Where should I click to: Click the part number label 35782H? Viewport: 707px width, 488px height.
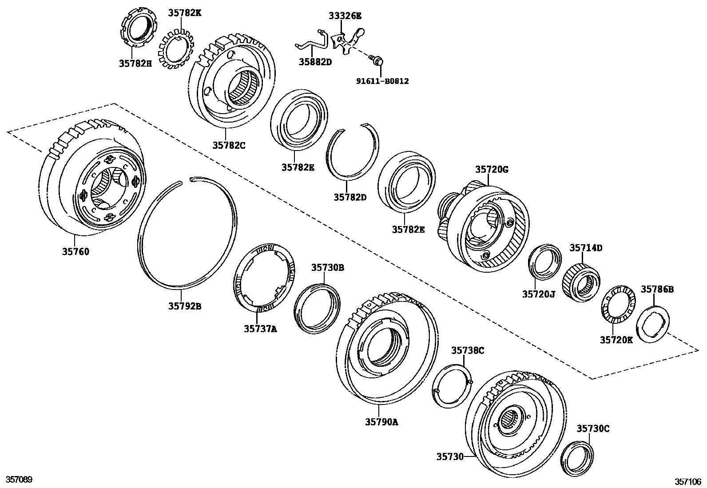click(x=135, y=63)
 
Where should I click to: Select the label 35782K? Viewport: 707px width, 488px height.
click(x=184, y=13)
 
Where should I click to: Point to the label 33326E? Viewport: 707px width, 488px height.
click(x=345, y=16)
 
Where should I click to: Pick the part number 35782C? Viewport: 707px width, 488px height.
click(x=228, y=144)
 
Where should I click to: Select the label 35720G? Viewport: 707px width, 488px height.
click(x=492, y=169)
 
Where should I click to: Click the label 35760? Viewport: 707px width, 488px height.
click(x=75, y=252)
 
